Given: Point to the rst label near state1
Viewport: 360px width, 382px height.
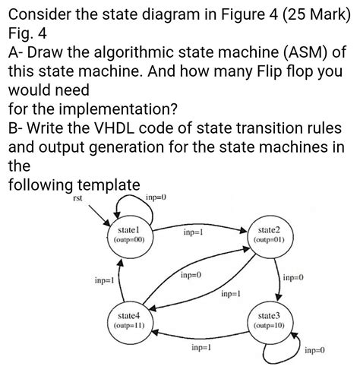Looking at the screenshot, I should [77, 199].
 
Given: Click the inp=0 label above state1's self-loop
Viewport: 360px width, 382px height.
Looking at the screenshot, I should [155, 198].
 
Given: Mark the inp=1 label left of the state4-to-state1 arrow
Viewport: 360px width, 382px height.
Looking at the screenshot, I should [105, 280].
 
